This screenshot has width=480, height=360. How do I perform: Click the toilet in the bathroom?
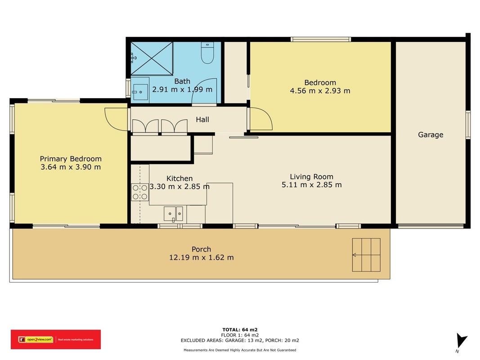pos(207,53)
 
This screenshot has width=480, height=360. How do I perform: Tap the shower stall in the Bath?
pos(152,58)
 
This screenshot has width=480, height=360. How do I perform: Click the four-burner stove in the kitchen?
pos(140,192)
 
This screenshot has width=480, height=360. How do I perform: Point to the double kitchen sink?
pos(173,214)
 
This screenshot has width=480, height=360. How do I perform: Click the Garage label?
pos(431,135)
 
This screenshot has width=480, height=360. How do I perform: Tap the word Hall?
pos(202,119)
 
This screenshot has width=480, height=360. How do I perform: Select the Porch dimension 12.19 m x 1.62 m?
pos(202,257)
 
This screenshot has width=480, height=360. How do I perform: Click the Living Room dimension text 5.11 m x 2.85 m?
pos(312,184)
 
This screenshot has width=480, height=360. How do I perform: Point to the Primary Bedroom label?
pos(71,158)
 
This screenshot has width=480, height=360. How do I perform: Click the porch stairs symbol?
pos(366,255)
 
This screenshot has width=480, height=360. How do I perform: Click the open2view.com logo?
pos(56,339)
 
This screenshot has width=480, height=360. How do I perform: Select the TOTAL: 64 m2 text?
pos(240,330)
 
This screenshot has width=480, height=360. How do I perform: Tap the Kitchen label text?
pos(179,179)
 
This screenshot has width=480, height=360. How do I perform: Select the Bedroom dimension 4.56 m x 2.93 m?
pos(320,90)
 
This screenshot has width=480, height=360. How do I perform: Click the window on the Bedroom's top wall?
pos(321,39)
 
